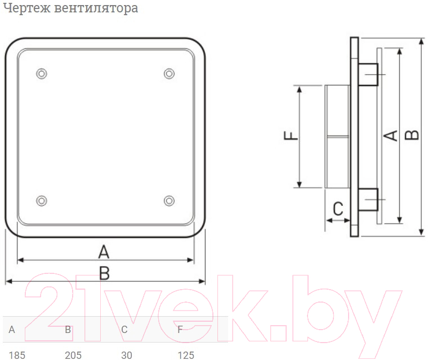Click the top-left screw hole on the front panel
click(42, 74)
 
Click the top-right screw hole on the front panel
click(170, 74)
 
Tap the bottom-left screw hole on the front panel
click(42, 201)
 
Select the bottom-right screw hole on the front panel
click(170, 201)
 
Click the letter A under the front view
click(104, 252)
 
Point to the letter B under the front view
click(105, 273)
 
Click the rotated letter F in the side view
click(291, 136)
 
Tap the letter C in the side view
click(338, 209)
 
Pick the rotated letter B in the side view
click(412, 135)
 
